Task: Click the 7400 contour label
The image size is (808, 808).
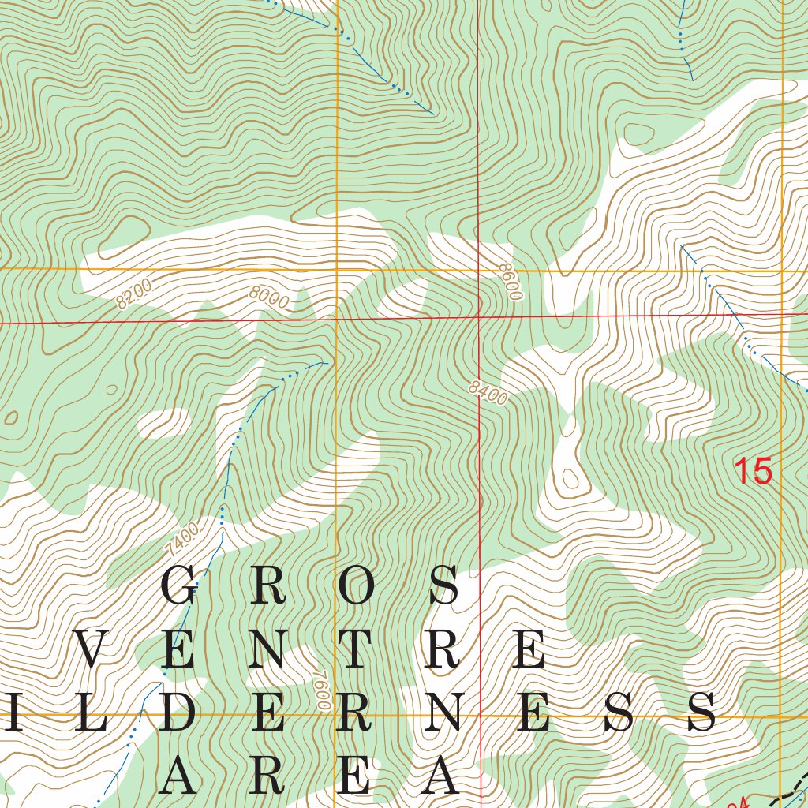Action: [x=182, y=538]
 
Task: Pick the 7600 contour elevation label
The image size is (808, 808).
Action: [x=320, y=691]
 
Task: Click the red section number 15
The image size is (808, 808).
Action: [x=752, y=472]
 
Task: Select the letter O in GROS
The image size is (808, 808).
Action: [x=355, y=585]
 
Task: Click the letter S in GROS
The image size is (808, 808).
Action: [x=444, y=585]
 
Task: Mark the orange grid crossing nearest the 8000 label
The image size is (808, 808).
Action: [x=337, y=270]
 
